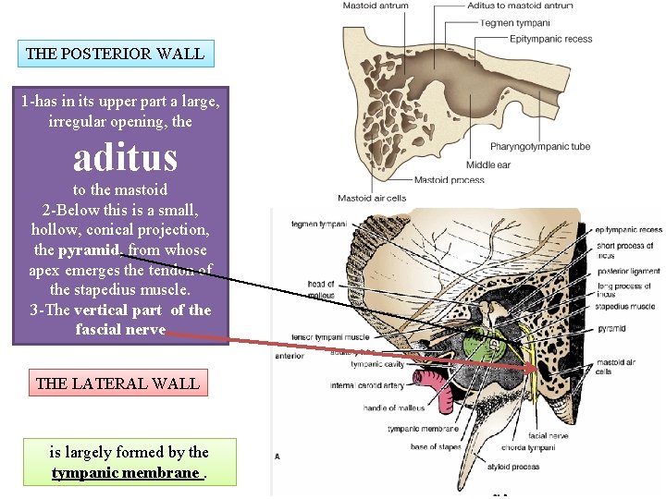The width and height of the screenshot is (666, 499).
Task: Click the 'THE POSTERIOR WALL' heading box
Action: (116, 53)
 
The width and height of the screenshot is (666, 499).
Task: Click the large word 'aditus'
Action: (125, 158)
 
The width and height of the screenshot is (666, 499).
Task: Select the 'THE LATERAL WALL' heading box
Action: (117, 383)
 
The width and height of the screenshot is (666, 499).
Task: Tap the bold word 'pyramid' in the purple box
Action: (90, 250)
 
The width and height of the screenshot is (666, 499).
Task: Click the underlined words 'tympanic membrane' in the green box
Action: (126, 473)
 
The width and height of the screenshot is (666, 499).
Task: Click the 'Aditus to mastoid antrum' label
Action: (520, 6)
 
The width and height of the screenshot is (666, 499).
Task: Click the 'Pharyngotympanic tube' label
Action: (541, 147)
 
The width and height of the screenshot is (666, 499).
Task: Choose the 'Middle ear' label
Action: (489, 165)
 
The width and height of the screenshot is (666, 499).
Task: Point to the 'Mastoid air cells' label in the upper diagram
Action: (371, 198)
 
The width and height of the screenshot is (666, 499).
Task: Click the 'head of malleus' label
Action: (320, 288)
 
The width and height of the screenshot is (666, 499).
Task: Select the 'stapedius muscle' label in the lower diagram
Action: (624, 306)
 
